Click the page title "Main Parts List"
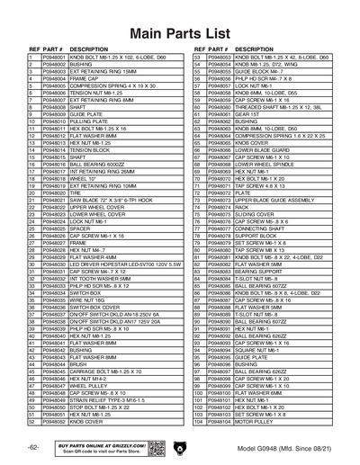(x=179, y=34)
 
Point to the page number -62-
(x=32, y=447)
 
